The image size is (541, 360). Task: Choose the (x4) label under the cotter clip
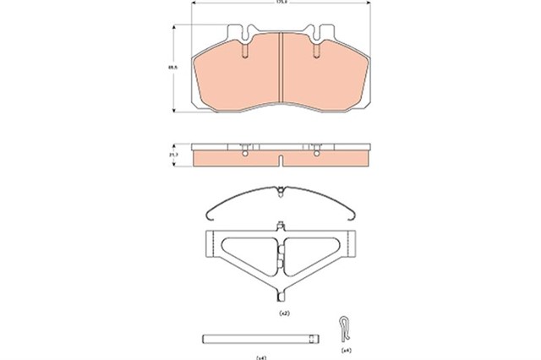click(x=345, y=349)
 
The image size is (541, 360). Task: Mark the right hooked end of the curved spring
click(x=359, y=212)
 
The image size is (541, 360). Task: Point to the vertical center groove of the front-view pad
click(x=280, y=68)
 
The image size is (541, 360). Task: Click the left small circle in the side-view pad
click(x=243, y=153)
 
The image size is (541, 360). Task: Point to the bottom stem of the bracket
click(x=281, y=296)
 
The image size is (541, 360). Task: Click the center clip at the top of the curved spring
click(x=278, y=191)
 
